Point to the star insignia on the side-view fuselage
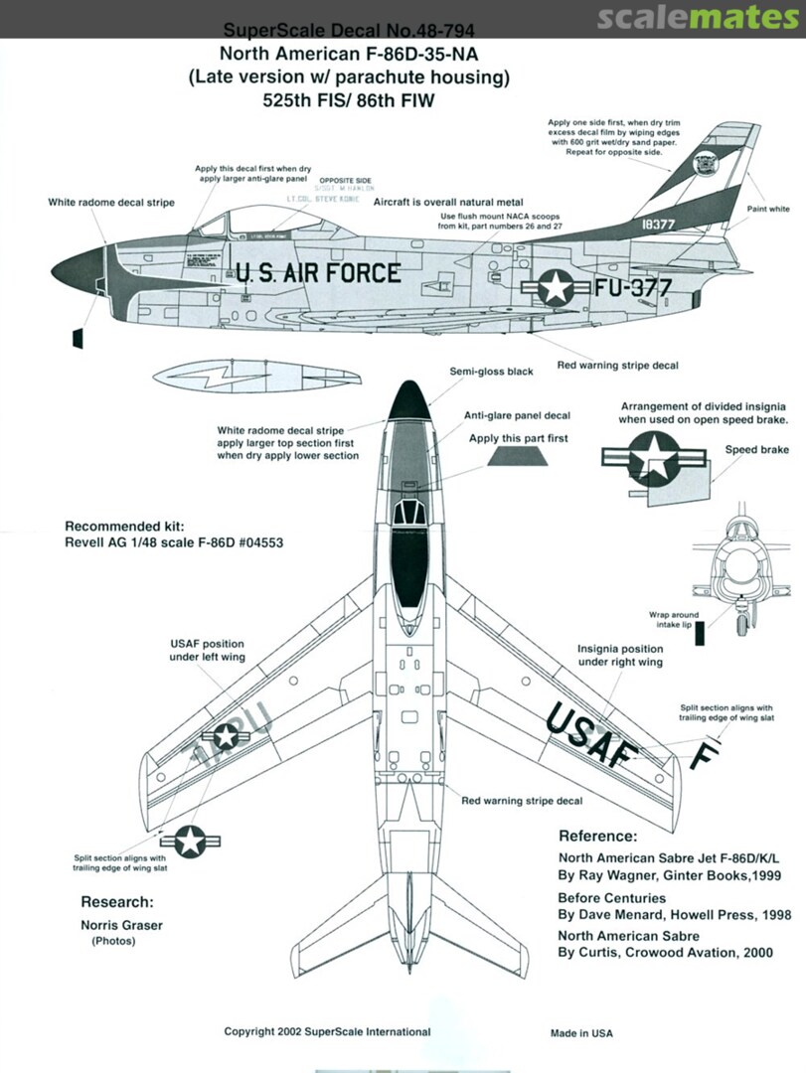pyautogui.click(x=555, y=288)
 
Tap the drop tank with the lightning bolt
pyautogui.click(x=256, y=378)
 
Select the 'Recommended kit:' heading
pyautogui.click(x=124, y=526)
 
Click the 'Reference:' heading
pyautogui.click(x=597, y=836)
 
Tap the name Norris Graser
pyautogui.click(x=122, y=924)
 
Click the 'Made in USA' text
pyautogui.click(x=581, y=1033)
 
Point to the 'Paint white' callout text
pyautogui.click(x=768, y=210)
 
